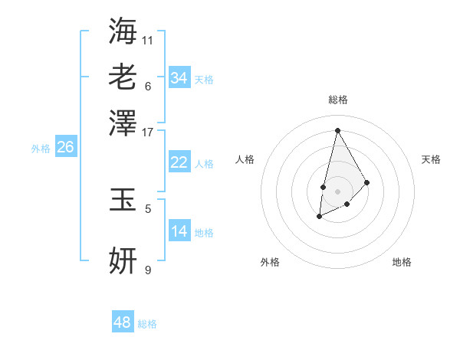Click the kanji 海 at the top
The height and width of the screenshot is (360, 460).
tap(123, 31)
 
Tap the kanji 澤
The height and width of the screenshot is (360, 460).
tap(123, 123)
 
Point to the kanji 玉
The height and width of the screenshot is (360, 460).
tap(123, 199)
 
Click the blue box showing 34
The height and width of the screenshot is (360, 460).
tap(179, 78)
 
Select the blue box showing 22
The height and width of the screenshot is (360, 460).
tap(179, 162)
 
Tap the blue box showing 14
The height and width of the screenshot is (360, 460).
tap(179, 231)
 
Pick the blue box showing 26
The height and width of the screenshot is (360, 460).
tap(65, 148)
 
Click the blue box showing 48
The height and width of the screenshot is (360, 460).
tap(123, 322)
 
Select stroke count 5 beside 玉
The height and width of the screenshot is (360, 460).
tap(148, 208)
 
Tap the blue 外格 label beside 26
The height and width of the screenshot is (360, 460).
tap(41, 149)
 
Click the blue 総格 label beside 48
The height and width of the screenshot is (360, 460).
tap(147, 324)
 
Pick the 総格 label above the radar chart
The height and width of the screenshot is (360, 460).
tap(337, 100)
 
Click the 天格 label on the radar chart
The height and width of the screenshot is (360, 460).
tap(431, 159)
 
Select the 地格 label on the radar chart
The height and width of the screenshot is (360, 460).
tap(402, 262)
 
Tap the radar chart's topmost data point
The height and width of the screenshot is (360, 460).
tap(337, 130)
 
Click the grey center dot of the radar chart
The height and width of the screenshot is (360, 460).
tap(337, 190)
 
